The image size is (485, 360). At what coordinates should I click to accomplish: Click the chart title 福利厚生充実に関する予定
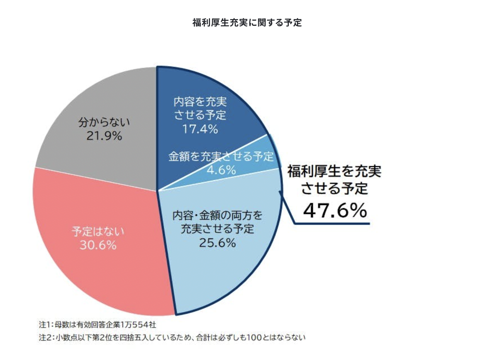point(247,22)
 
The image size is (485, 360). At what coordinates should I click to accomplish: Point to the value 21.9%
point(104,136)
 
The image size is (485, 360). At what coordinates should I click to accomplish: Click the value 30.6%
point(98,245)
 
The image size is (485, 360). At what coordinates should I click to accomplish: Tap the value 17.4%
point(200,129)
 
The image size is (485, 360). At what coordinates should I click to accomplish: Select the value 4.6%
point(221,170)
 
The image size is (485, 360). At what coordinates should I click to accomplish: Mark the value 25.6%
point(217,243)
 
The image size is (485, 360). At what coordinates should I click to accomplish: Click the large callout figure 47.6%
point(335,210)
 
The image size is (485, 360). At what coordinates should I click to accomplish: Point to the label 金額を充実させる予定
point(221,156)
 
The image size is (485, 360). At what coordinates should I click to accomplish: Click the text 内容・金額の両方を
point(217,215)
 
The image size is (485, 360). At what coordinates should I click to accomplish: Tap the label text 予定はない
point(98,231)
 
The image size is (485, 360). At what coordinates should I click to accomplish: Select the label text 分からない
point(104,122)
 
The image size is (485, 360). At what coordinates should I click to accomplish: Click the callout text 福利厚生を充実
point(334,171)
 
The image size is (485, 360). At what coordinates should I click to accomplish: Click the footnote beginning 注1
point(98,325)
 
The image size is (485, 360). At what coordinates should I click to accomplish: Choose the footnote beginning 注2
point(172,338)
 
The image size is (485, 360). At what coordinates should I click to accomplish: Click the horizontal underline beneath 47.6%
point(333,224)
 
